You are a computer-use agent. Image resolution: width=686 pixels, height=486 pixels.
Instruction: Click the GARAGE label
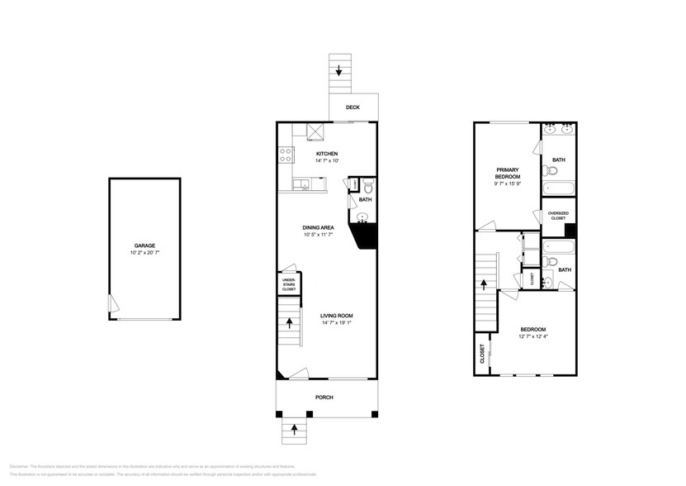pyautogui.click(x=144, y=245)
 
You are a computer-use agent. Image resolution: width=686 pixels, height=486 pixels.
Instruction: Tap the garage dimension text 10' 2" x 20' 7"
pyautogui.click(x=144, y=252)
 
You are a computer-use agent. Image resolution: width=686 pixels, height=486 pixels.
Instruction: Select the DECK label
pyautogui.click(x=352, y=107)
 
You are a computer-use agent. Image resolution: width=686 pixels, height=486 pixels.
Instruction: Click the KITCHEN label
pyautogui.click(x=327, y=155)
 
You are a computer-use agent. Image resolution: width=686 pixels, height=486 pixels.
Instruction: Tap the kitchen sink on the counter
pyautogui.click(x=302, y=184)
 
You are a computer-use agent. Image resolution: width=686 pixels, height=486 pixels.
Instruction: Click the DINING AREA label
pyautogui.click(x=317, y=226)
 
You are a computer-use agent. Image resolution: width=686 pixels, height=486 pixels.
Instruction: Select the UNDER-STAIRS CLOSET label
pyautogui.click(x=289, y=284)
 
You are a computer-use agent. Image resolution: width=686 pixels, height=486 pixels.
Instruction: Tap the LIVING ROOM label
pyautogui.click(x=337, y=315)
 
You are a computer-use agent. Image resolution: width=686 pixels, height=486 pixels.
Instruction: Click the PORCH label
pyautogui.click(x=324, y=397)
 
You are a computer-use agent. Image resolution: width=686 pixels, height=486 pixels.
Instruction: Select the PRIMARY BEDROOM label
pyautogui.click(x=507, y=174)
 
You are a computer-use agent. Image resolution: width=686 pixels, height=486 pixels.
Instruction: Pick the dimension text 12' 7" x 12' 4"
pyautogui.click(x=532, y=336)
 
